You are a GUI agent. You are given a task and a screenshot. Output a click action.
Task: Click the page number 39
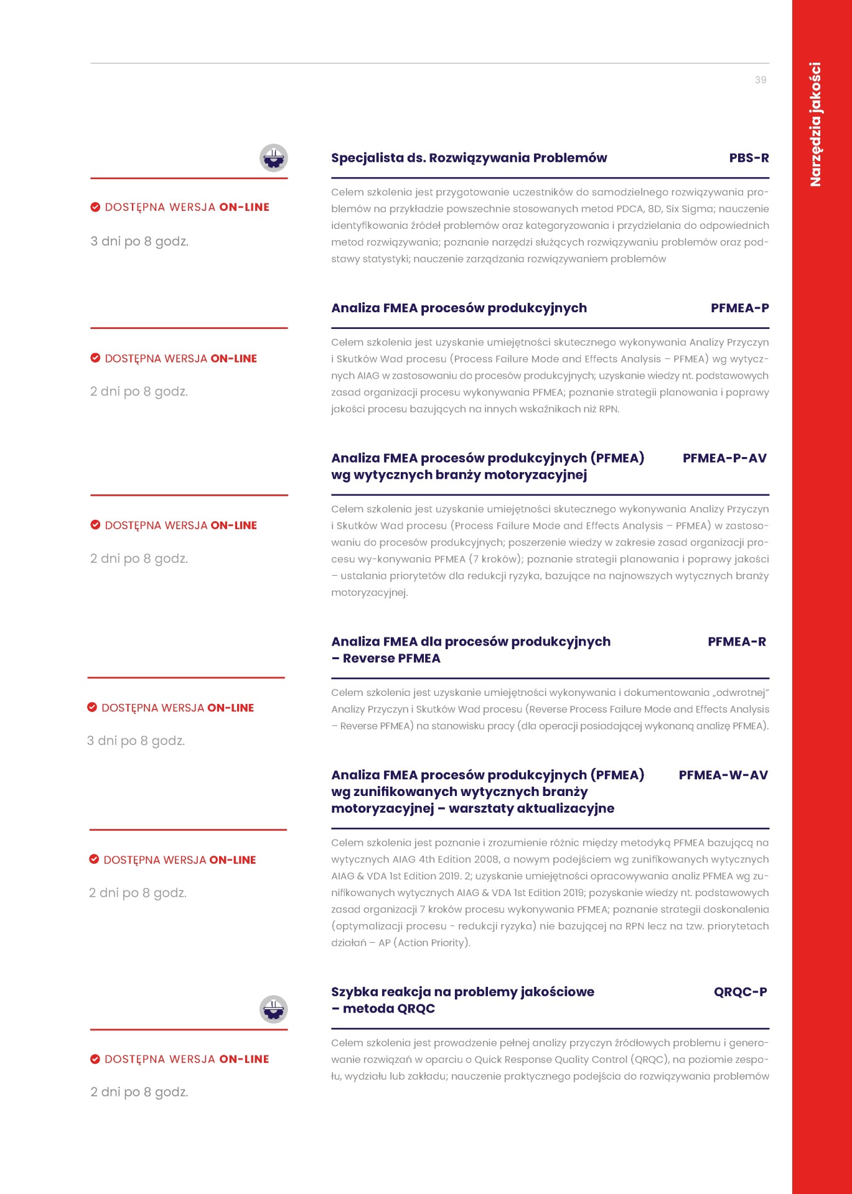[x=760, y=80]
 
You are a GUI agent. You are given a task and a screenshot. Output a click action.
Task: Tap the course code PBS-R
[x=749, y=158]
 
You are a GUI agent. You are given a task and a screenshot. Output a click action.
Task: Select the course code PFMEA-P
[x=739, y=308]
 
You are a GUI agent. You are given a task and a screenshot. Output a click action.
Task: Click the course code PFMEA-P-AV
[x=724, y=458]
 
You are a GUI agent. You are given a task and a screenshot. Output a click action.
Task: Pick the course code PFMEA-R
[x=737, y=642]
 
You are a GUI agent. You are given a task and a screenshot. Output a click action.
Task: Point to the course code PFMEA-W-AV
[x=723, y=775]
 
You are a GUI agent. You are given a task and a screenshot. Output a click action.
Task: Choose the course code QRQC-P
[x=740, y=992]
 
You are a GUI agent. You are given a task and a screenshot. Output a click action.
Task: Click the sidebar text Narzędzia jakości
[x=815, y=124]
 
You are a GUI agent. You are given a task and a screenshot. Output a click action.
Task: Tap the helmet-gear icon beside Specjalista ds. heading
[x=273, y=158]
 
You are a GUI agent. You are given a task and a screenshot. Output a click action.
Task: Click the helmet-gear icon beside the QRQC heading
[x=273, y=1009]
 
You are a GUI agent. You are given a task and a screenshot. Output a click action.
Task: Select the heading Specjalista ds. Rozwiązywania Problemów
[x=469, y=158]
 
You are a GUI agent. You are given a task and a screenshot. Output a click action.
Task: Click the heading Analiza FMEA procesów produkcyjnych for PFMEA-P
[x=459, y=308]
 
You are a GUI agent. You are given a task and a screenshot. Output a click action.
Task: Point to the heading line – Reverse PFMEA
[x=386, y=659]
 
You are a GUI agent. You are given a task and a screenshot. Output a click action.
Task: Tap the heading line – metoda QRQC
[x=383, y=1009]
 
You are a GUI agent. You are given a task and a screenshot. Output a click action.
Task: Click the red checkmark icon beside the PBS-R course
[x=95, y=207]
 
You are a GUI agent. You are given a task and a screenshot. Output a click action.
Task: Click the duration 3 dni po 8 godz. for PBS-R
[x=139, y=241]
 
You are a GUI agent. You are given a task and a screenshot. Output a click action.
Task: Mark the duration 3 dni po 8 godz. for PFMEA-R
[x=136, y=741]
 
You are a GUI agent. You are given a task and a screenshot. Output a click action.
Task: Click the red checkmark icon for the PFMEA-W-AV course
[x=94, y=859]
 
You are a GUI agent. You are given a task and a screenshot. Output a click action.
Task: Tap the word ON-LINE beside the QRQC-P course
[x=244, y=1059]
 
